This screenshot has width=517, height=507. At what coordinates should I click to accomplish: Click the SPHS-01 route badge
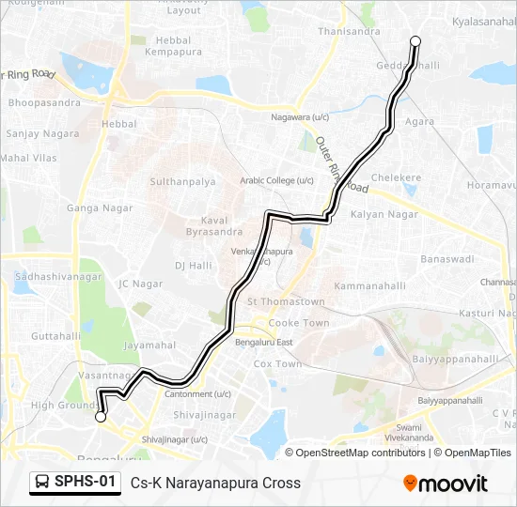tap(75, 482)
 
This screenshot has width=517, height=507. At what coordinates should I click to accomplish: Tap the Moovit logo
tap(446, 484)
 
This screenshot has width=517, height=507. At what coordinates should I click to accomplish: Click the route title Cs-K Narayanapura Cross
tap(215, 484)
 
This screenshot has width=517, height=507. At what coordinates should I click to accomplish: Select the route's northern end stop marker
tap(415, 40)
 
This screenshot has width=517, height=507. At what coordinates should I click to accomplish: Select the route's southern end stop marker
tap(101, 418)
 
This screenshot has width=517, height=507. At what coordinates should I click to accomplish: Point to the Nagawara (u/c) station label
tap(300, 117)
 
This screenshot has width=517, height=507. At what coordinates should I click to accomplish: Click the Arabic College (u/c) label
tap(276, 180)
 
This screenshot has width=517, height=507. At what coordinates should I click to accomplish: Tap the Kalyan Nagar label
tap(384, 214)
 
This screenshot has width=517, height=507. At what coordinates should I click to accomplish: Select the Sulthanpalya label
tap(183, 180)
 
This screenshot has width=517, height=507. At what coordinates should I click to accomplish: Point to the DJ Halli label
tap(193, 266)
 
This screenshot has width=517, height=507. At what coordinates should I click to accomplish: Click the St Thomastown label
tap(286, 302)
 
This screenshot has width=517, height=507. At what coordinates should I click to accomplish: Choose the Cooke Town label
tap(299, 323)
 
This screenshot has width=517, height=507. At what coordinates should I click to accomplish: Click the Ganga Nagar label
tap(89, 207)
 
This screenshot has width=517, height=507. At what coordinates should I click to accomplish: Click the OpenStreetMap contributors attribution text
tap(360, 453)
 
